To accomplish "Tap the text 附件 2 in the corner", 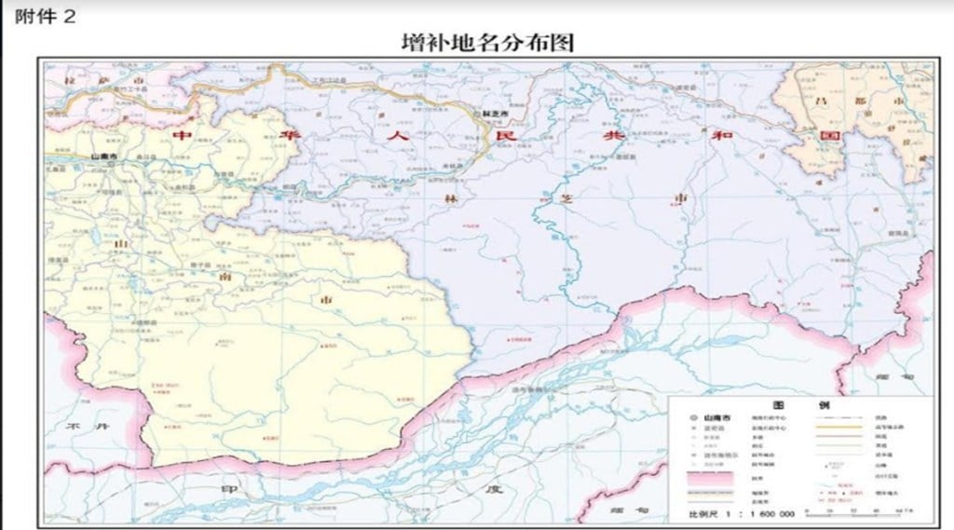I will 45,17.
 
